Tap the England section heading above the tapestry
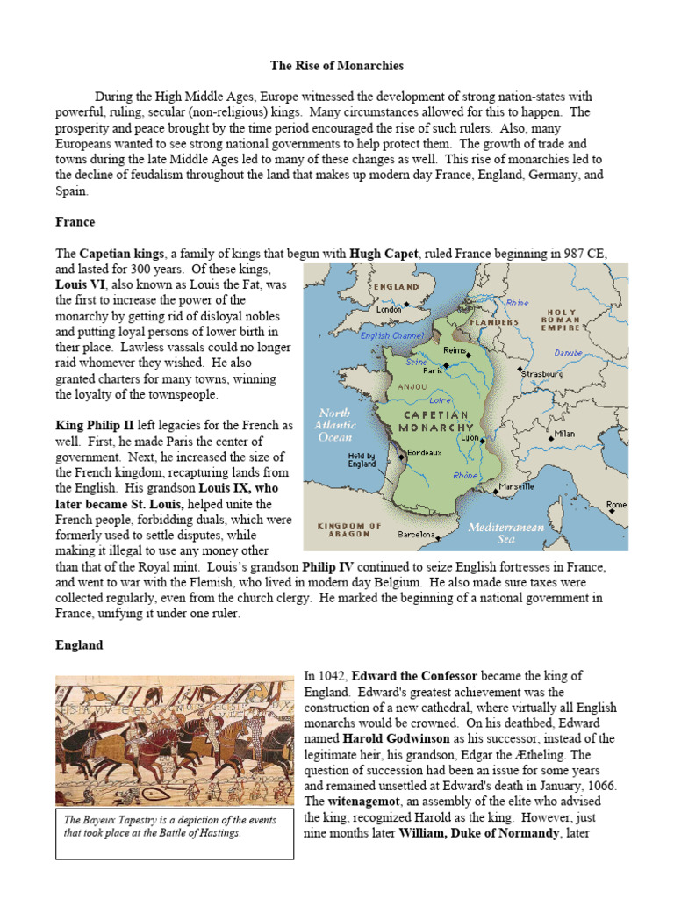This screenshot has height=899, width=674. (79, 644)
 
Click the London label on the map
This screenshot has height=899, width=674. (389, 309)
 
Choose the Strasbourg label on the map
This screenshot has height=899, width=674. (544, 374)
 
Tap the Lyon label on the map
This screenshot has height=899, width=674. (470, 437)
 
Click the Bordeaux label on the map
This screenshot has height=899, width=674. (426, 452)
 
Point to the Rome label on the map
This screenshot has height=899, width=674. (617, 505)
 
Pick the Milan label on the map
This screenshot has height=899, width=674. (564, 434)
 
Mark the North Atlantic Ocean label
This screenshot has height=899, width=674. (333, 424)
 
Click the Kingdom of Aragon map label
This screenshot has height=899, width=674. (348, 529)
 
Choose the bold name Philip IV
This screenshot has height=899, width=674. (328, 566)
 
